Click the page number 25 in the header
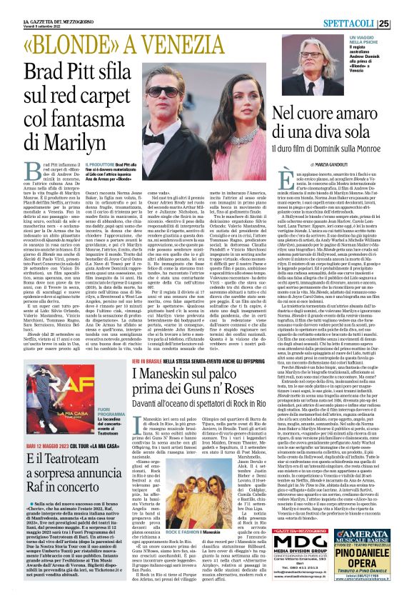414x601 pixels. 403,24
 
